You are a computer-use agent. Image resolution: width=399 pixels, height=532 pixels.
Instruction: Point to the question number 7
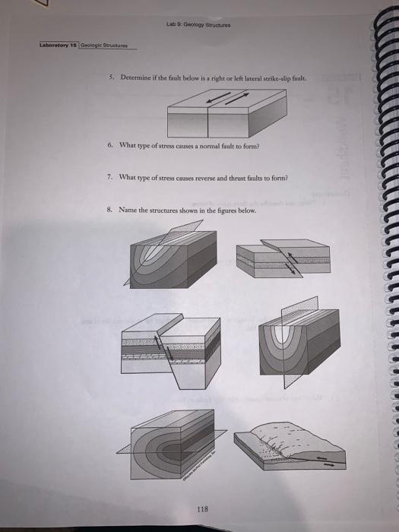(110, 176)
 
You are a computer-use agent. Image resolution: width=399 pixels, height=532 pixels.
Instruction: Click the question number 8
(110, 208)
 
